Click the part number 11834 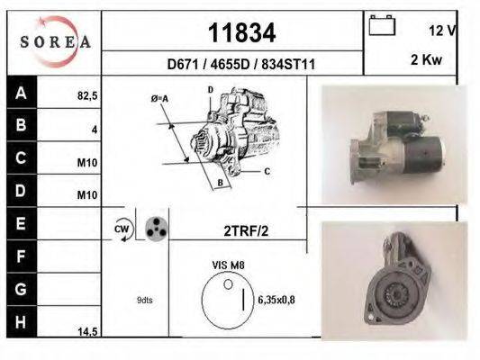(241, 33)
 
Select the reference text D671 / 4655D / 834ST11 (241, 65)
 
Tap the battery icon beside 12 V (382, 26)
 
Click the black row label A (21, 92)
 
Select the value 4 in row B (94, 129)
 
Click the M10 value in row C (87, 163)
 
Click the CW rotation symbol (122, 230)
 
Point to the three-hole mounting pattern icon (156, 228)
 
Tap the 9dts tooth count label (145, 300)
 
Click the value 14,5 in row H (87, 332)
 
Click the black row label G (21, 289)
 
